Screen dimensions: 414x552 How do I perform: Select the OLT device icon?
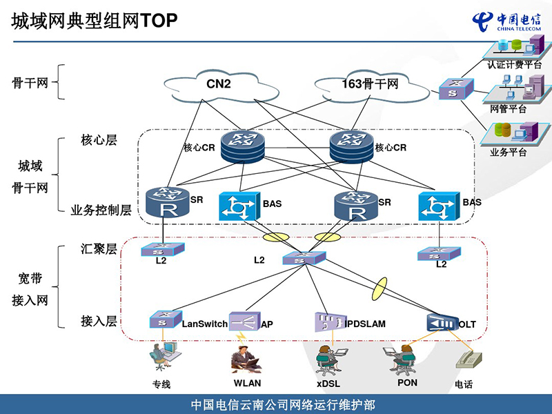[442, 323]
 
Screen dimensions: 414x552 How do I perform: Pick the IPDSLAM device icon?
[329, 322]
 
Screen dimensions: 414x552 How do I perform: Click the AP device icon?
[244, 322]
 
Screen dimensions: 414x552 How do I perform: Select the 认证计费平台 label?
[514, 65]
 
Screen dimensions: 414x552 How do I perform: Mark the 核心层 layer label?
[99, 141]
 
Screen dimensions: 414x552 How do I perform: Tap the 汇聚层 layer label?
[99, 249]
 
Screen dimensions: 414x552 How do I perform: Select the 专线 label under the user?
[161, 384]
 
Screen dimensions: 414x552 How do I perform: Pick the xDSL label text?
[328, 384]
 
